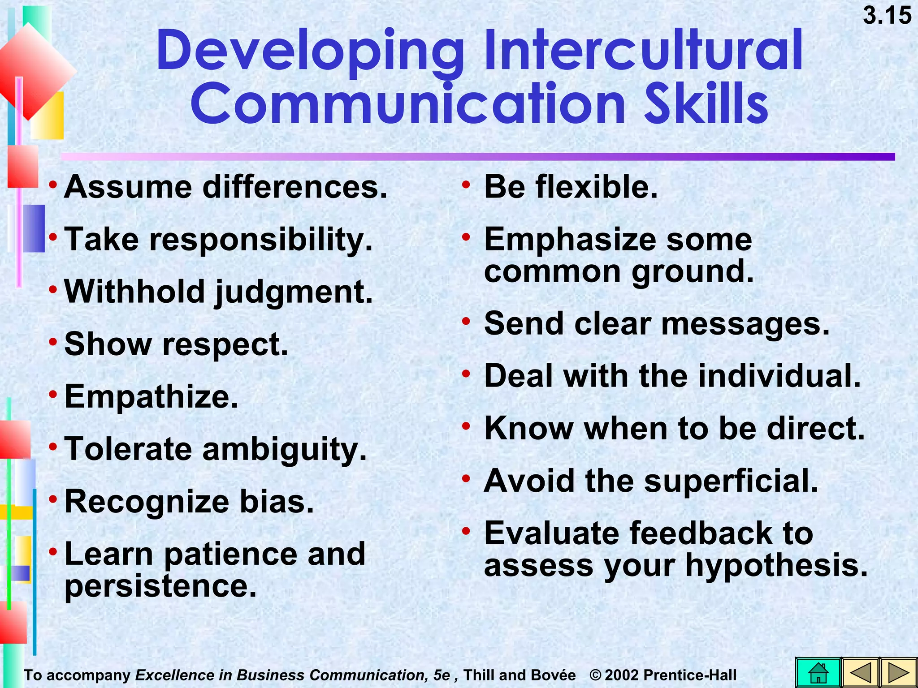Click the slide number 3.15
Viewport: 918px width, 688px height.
[x=887, y=16]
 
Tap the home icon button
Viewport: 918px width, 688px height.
[x=818, y=672]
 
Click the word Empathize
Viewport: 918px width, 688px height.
[x=151, y=397]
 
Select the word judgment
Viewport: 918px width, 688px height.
[x=294, y=292]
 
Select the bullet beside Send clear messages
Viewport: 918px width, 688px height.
[x=466, y=321]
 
